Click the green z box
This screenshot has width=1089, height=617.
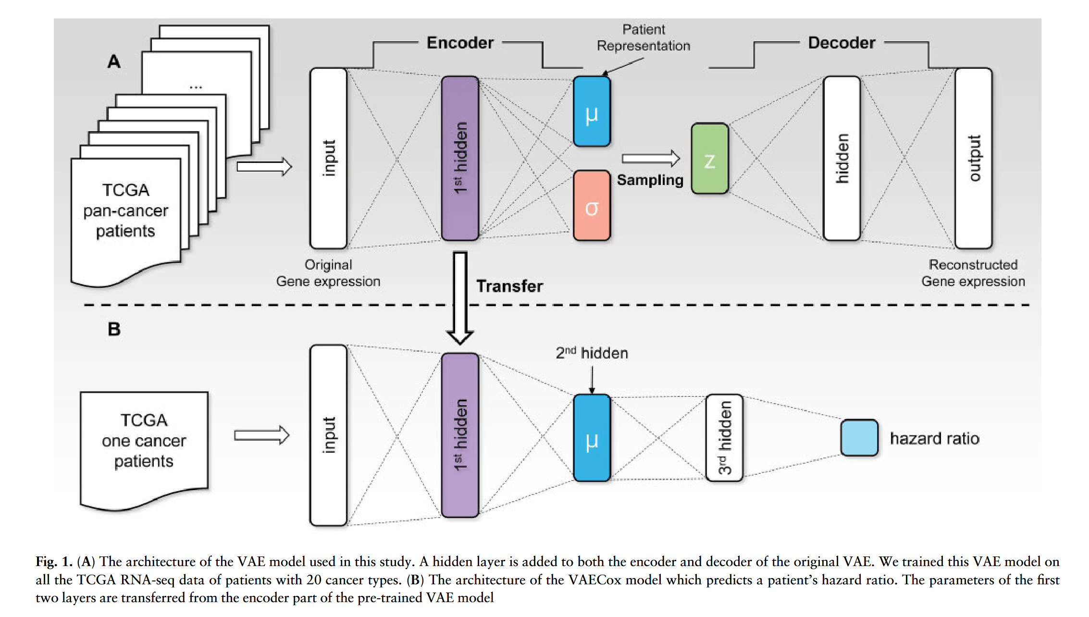pos(709,159)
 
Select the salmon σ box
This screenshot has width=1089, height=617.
pos(592,206)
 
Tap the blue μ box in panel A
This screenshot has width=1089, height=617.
pos(592,111)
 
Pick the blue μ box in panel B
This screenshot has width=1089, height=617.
pos(592,438)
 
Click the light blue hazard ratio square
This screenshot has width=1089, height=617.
pos(859,438)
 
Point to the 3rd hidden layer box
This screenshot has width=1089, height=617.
pos(724,438)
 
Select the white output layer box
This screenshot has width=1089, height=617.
pos(973,158)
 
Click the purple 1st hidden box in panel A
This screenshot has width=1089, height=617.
pos(460,158)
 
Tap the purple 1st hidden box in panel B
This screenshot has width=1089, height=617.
pos(460,435)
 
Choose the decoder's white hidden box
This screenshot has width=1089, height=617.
pos(841,158)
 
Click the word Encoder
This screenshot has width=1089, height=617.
pos(460,43)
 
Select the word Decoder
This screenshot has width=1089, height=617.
pos(841,43)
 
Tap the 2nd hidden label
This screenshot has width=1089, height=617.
pos(592,353)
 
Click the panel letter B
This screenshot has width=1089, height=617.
pos(114,330)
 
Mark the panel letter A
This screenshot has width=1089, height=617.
pos(114,62)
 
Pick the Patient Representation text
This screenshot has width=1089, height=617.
pos(643,38)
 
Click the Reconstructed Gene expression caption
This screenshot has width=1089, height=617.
pos(973,273)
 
